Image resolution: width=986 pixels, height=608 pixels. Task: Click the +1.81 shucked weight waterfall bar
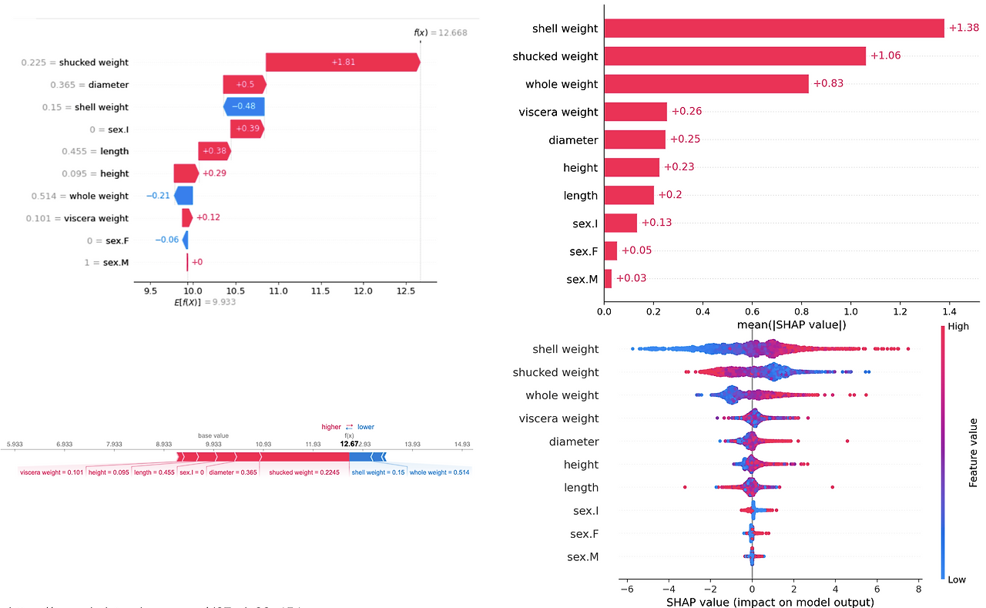pyautogui.click(x=343, y=62)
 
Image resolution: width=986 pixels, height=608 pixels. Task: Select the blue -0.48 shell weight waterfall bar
pyautogui.click(x=244, y=107)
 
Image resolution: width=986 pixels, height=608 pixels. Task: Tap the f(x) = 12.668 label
pyautogui.click(x=441, y=33)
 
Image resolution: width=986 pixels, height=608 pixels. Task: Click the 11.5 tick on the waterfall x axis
pyautogui.click(x=320, y=291)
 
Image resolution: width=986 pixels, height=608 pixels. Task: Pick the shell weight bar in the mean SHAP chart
pyautogui.click(x=773, y=29)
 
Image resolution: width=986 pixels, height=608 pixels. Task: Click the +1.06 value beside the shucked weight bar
pyautogui.click(x=885, y=55)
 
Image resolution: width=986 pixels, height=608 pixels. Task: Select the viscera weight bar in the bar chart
pyautogui.click(x=636, y=112)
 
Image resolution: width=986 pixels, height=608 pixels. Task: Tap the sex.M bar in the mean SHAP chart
pyautogui.click(x=608, y=278)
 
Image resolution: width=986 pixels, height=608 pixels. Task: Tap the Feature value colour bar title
pyautogui.click(x=974, y=453)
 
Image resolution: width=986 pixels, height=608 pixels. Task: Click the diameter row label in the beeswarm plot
pyautogui.click(x=573, y=442)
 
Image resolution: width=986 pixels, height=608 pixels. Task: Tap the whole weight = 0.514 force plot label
pyautogui.click(x=439, y=472)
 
